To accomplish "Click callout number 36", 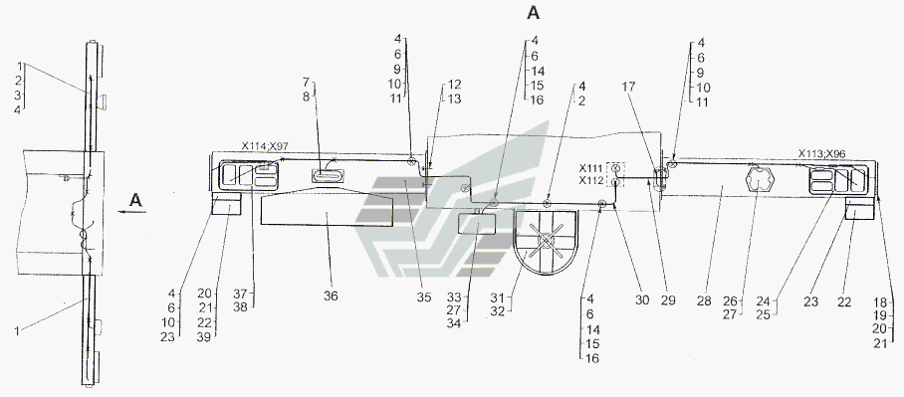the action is [x=331, y=296].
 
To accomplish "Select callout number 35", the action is [x=424, y=298].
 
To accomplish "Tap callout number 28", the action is [x=704, y=300].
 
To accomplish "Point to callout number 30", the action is [x=642, y=300].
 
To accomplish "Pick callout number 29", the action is [x=668, y=300].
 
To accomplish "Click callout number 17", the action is [x=628, y=87].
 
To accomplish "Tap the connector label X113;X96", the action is [x=822, y=154].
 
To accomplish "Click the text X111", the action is [x=591, y=168].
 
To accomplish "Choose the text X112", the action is [x=591, y=181].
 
